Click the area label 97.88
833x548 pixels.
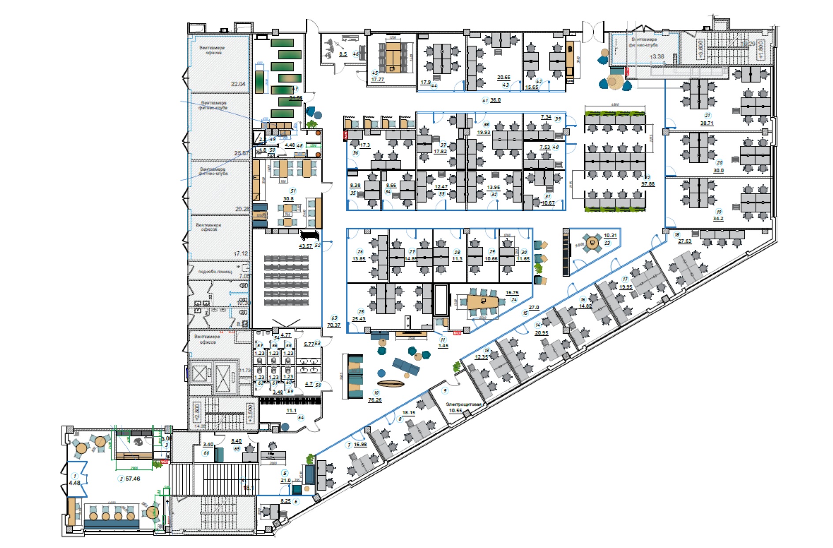click(648, 184)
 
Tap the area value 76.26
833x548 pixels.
click(375, 400)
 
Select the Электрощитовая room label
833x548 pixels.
click(463, 404)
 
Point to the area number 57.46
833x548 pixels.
click(132, 479)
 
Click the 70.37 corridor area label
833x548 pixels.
click(334, 325)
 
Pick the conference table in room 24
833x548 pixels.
click(483, 302)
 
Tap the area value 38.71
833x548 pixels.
click(706, 124)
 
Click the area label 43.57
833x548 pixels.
click(305, 246)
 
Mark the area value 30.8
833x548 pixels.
click(288, 199)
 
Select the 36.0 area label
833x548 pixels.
click(495, 100)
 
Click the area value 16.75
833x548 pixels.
click(512, 293)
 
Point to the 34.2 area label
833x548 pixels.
click(718, 218)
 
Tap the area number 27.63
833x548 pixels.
click(685, 241)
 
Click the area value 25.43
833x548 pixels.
click(358, 319)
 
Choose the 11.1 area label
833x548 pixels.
click(291, 411)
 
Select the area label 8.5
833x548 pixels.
click(343, 54)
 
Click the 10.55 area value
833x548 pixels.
click(455, 411)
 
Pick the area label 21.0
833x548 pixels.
click(285, 480)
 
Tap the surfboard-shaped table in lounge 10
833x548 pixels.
click(391, 384)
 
